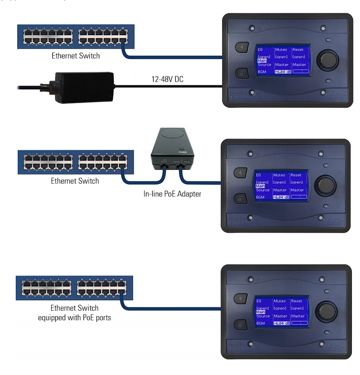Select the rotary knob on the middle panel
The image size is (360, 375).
pyautogui.click(x=327, y=185)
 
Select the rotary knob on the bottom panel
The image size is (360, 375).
pyautogui.click(x=327, y=310)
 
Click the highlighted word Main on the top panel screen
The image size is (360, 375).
pyautogui.click(x=262, y=61)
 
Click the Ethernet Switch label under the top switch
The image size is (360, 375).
pyautogui.click(x=76, y=56)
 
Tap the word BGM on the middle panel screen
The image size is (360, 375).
pyautogui.click(x=260, y=197)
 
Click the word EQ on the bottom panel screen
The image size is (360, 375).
pyautogui.click(x=259, y=301)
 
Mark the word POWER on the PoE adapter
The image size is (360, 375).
pyautogui.click(x=181, y=152)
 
